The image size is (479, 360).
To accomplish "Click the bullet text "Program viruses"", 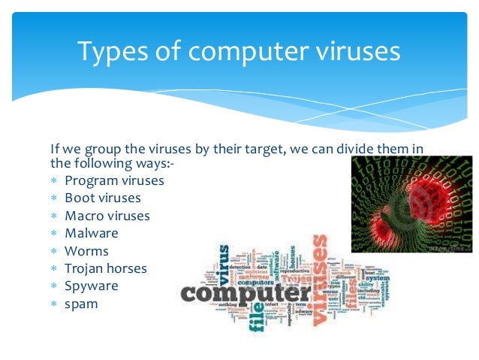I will click(114, 180).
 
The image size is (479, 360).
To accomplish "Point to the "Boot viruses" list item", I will click(103, 198).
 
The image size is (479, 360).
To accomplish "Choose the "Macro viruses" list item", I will click(107, 216).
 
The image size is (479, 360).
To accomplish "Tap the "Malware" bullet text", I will click(92, 233).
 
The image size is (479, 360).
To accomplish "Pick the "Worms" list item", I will click(86, 251).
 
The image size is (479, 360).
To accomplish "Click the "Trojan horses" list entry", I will click(106, 268).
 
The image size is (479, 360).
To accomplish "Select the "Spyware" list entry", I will click(92, 286).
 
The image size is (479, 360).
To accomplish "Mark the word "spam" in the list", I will click(81, 304).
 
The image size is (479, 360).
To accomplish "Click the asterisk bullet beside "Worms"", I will click(54, 252).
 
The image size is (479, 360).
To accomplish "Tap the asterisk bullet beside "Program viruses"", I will click(54, 181).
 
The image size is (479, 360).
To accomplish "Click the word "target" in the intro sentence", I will click(261, 149).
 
